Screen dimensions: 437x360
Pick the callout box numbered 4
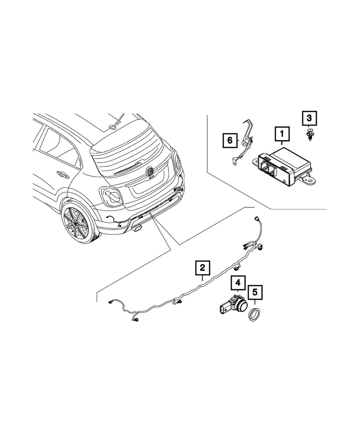[x=238, y=282]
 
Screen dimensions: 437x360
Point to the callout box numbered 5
[x=255, y=293]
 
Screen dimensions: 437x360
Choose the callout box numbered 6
[x=228, y=141]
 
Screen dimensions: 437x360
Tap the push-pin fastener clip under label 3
[x=309, y=134]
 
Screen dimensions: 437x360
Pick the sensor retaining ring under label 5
[x=255, y=315]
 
